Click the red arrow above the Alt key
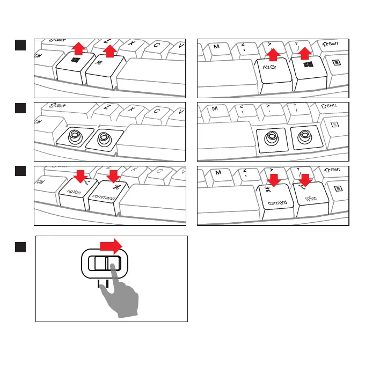click(109, 51)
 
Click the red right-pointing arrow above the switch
click(112, 247)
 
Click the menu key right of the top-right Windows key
click(335, 63)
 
